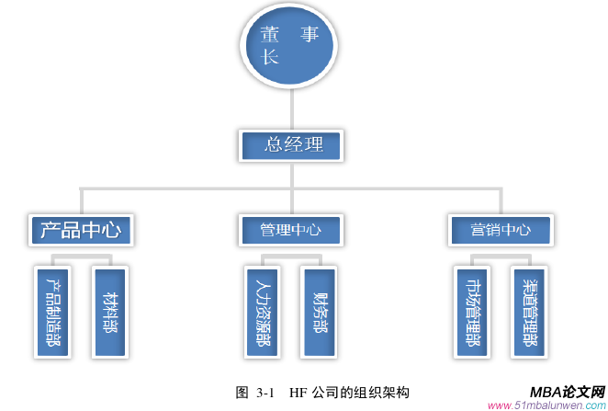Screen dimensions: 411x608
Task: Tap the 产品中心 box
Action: [82, 228]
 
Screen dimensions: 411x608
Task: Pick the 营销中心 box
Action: [501, 228]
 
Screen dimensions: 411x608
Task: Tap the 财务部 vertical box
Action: [319, 312]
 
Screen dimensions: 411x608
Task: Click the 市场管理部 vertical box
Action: [474, 312]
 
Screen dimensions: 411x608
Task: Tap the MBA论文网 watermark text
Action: [567, 391]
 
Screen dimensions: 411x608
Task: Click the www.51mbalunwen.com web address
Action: [546, 405]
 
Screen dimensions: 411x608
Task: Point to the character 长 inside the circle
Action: [269, 57]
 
